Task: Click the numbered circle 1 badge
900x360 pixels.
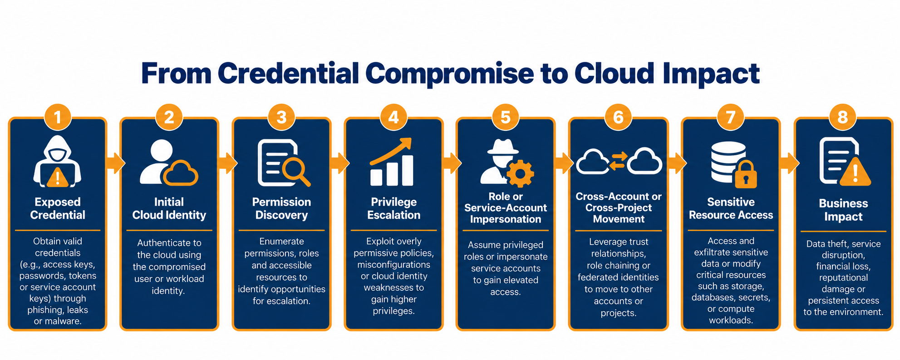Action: click(x=58, y=117)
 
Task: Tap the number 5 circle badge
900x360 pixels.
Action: click(x=506, y=117)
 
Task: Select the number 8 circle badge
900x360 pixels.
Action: click(x=843, y=117)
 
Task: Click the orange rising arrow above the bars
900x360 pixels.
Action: click(x=391, y=151)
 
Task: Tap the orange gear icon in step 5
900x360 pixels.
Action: click(x=520, y=173)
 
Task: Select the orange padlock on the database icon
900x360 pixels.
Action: click(x=746, y=174)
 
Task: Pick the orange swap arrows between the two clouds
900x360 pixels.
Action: click(x=618, y=161)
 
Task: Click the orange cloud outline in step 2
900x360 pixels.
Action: click(x=181, y=173)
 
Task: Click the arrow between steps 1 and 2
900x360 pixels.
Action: click(x=115, y=163)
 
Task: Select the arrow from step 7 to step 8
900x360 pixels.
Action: click(x=790, y=163)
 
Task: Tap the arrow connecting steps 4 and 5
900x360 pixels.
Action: click(x=452, y=163)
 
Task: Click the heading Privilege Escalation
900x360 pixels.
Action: click(x=393, y=208)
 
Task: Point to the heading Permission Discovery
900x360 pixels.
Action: click(x=281, y=208)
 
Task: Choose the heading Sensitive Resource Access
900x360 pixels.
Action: click(x=731, y=208)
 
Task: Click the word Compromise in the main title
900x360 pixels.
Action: click(x=449, y=74)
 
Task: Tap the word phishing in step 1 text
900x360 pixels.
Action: click(x=46, y=310)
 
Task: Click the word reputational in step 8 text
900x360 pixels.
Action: click(x=843, y=277)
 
